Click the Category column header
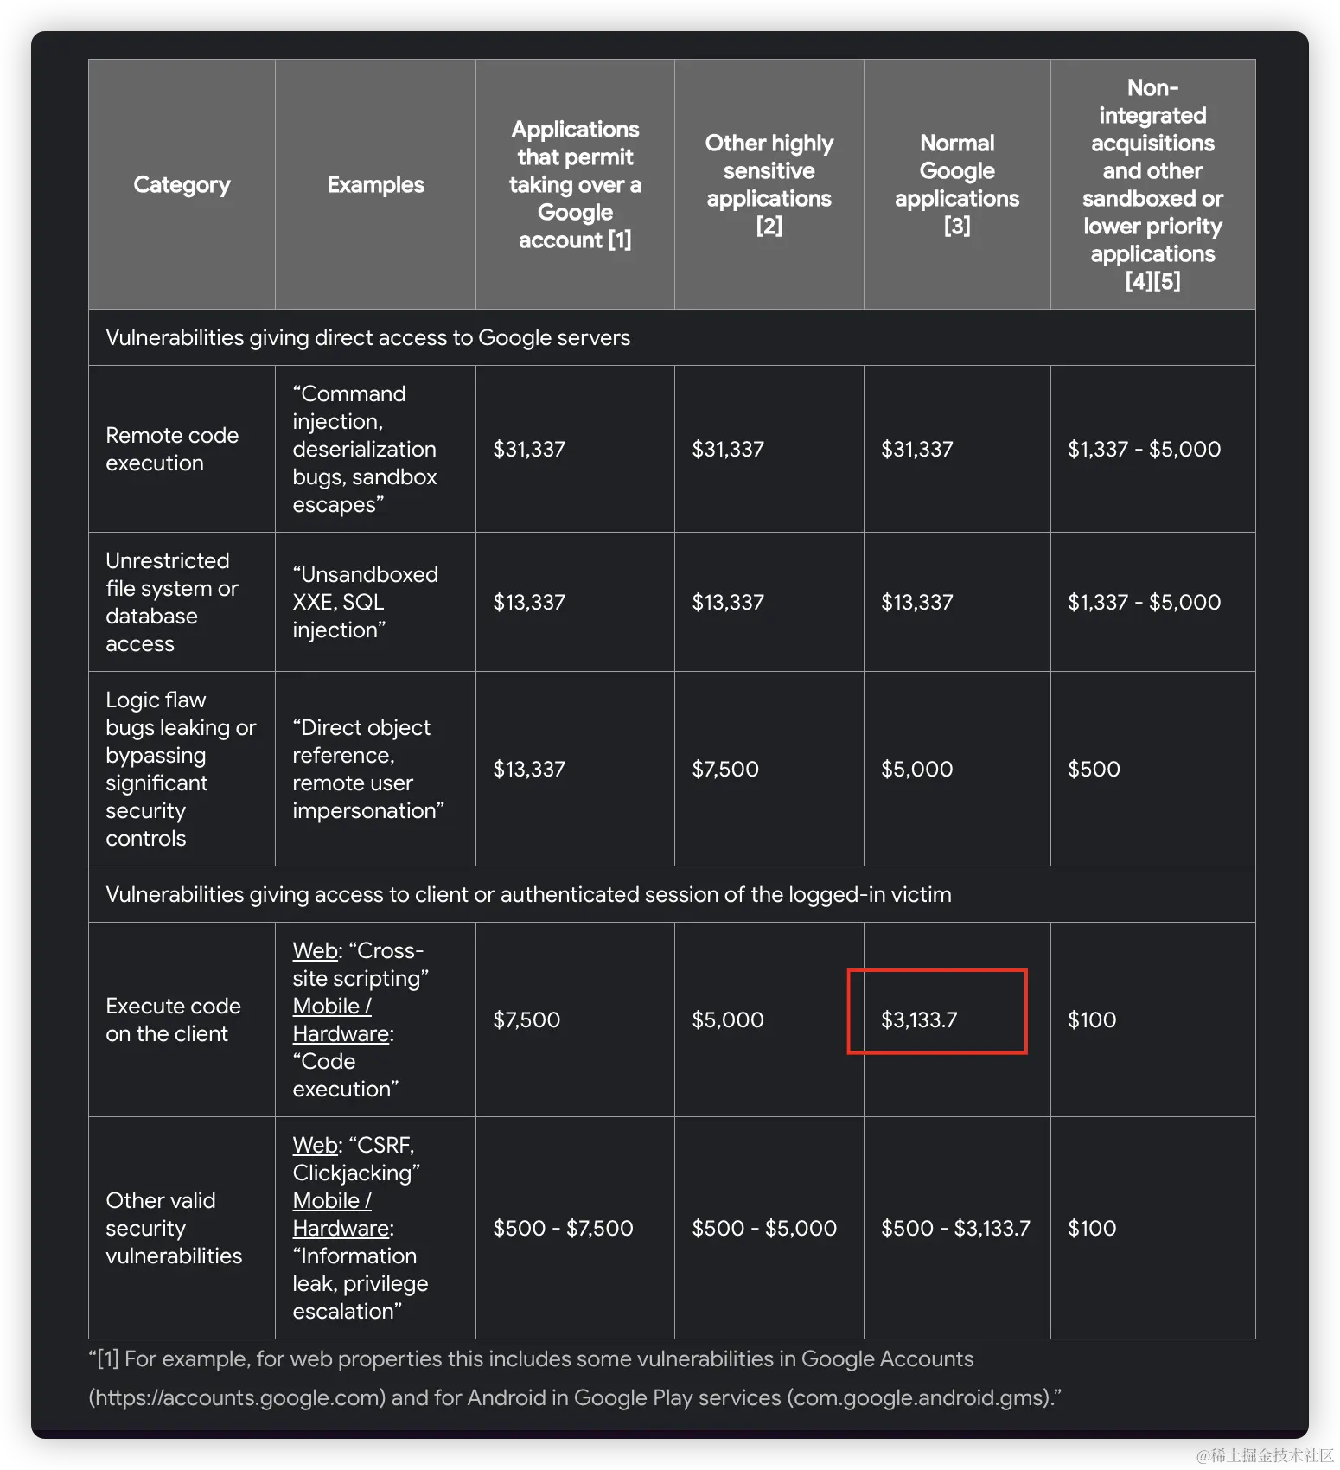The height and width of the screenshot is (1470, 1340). [182, 184]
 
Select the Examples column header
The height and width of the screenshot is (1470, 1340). [375, 184]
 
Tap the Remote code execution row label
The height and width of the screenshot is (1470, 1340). [172, 449]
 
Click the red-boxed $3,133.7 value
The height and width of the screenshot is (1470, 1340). [919, 1019]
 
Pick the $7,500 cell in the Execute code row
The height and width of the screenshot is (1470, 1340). [526, 1019]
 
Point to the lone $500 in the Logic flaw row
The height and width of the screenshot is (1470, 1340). [1094, 769]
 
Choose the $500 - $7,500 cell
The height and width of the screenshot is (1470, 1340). [563, 1228]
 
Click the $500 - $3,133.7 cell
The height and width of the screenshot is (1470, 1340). [955, 1228]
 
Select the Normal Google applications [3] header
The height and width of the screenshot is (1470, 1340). [957, 184]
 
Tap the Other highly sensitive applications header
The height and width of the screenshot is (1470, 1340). [769, 184]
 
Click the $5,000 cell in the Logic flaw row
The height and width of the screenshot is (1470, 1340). [916, 769]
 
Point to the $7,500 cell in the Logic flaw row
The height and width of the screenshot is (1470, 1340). [725, 769]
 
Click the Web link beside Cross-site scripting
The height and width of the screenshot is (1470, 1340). [315, 950]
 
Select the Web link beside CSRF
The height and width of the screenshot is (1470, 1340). [315, 1145]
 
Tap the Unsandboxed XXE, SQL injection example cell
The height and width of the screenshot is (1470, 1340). [365, 602]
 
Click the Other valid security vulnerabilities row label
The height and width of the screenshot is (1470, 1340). [174, 1228]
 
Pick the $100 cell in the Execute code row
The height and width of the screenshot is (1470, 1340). [1092, 1019]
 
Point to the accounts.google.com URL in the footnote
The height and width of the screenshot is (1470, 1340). [237, 1397]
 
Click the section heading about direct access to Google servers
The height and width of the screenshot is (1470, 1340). [367, 337]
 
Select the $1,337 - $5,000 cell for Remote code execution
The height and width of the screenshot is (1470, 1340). [1144, 449]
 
